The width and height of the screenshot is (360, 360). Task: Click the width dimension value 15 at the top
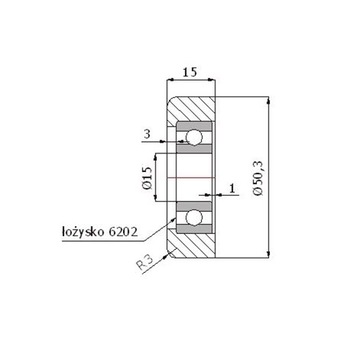[189, 72]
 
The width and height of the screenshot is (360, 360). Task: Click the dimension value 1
[232, 187]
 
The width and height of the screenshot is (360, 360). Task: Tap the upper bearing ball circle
[193, 136]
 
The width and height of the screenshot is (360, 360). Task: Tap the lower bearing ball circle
[193, 213]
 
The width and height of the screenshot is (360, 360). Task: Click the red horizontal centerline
[190, 176]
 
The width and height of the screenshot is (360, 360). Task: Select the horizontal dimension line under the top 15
[189, 83]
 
